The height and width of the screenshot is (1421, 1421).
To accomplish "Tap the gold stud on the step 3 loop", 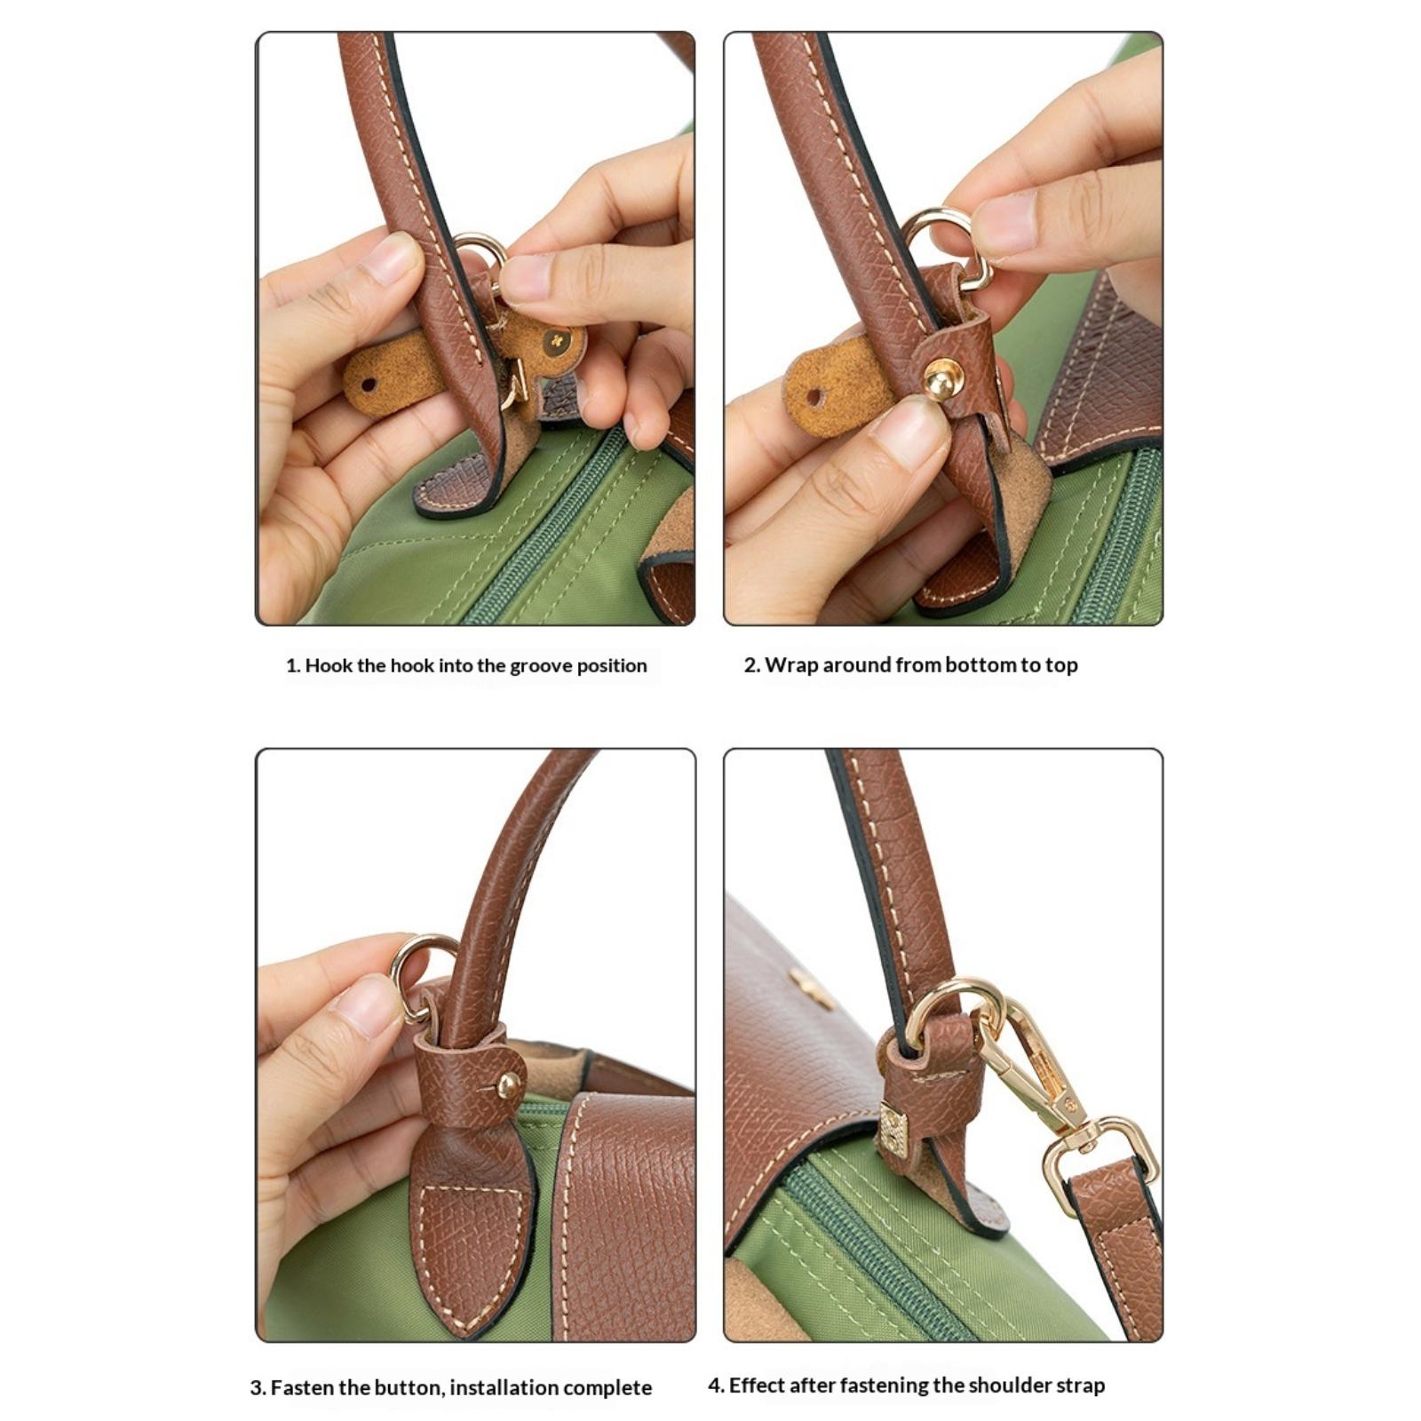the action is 509,1084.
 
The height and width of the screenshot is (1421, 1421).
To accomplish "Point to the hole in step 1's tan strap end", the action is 368,385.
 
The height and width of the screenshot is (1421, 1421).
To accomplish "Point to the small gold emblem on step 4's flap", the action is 810,987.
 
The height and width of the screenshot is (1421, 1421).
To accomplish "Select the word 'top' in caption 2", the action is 1061,666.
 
